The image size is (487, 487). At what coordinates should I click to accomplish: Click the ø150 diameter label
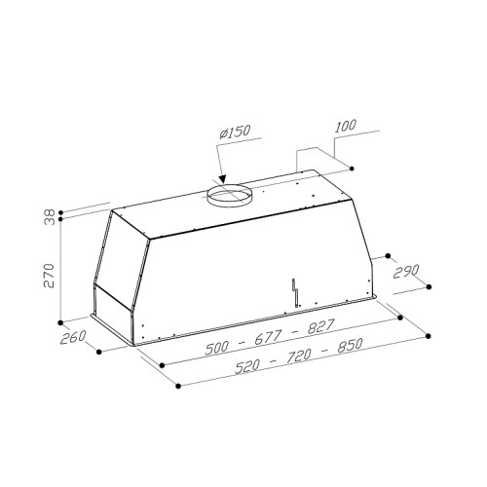[x=235, y=131]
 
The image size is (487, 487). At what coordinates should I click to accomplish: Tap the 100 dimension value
[x=345, y=126]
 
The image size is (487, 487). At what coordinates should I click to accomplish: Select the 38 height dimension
[x=50, y=217]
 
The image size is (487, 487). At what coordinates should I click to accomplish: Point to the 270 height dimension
[x=49, y=276]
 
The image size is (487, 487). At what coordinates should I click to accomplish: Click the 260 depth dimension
[x=73, y=337]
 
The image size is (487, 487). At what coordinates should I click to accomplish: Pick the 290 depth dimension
[x=406, y=272]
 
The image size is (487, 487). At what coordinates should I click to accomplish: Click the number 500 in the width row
[x=217, y=349]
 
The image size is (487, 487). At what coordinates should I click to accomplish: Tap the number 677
[x=267, y=338]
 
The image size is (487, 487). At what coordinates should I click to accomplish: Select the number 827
[x=320, y=326]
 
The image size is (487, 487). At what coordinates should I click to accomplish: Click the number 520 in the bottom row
[x=247, y=367]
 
